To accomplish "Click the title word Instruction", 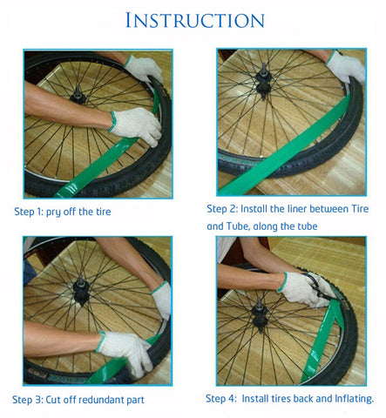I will pyautogui.click(x=194, y=20).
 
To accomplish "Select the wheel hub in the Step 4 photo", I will pyautogui.click(x=260, y=307).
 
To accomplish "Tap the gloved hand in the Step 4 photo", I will pyautogui.click(x=301, y=287).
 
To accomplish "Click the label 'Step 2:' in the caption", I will pyautogui.click(x=225, y=209).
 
